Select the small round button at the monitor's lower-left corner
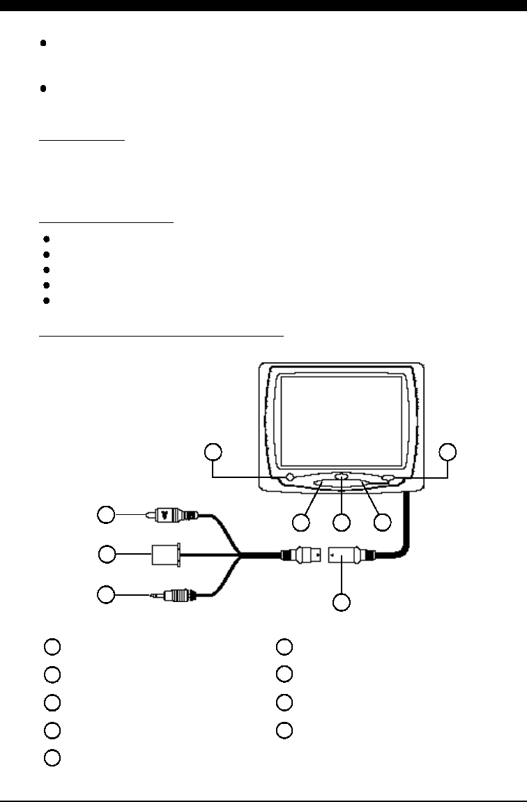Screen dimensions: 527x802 pyautogui.click(x=289, y=477)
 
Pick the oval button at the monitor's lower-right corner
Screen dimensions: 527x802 pyautogui.click(x=388, y=478)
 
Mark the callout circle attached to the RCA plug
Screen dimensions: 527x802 pyautogui.click(x=106, y=515)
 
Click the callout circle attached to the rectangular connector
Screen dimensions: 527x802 pyautogui.click(x=106, y=555)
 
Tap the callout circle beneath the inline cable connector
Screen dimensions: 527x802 pyautogui.click(x=341, y=601)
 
